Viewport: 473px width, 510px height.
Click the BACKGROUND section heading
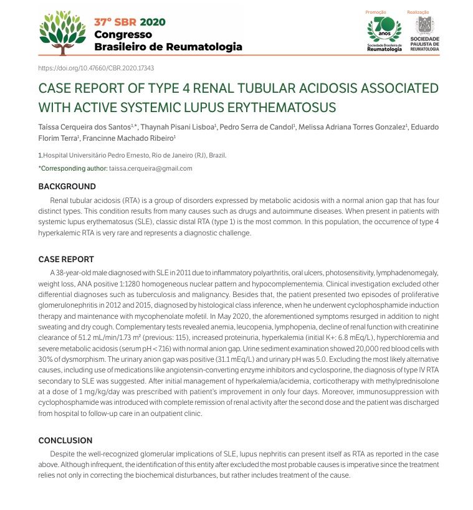[x=67, y=186]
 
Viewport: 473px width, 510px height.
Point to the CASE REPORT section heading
[x=66, y=259]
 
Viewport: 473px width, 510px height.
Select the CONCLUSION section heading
[x=65, y=440]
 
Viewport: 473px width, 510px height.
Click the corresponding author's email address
[x=151, y=168]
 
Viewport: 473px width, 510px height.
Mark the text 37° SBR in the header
[x=112, y=22]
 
